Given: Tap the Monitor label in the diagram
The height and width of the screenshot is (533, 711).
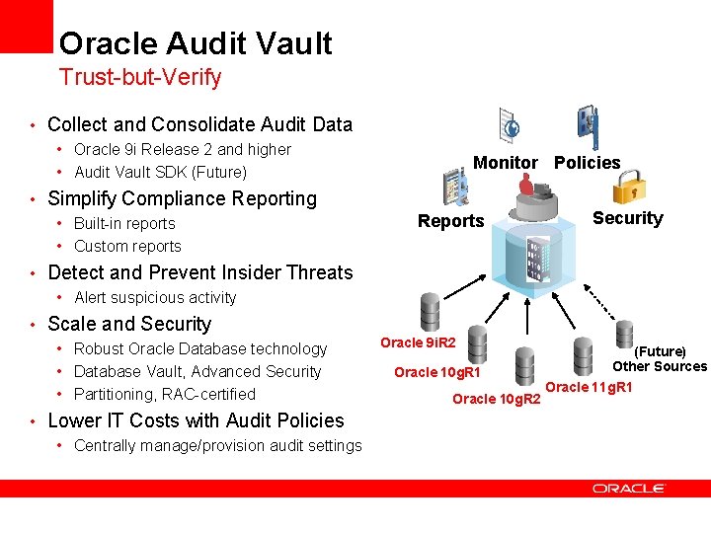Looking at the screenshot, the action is click(506, 163).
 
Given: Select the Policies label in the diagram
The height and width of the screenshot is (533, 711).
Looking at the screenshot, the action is click(588, 163).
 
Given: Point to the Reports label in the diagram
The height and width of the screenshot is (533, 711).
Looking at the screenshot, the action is click(450, 221).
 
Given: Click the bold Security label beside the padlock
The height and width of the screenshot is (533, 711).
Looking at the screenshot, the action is click(628, 218).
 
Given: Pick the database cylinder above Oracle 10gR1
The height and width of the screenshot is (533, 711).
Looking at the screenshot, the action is click(477, 343).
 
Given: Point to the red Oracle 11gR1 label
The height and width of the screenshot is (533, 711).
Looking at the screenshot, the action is click(589, 387).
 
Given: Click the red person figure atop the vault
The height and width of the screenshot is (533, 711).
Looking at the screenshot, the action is click(525, 186).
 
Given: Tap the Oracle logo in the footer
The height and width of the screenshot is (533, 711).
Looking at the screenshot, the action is click(629, 488).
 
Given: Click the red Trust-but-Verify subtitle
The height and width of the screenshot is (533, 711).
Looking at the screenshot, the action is click(140, 76).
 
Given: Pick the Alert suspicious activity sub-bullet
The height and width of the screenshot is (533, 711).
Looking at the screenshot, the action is click(155, 297).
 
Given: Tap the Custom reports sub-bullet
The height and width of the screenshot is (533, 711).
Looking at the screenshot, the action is click(127, 246).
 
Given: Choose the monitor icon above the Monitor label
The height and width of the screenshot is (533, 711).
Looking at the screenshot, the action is click(510, 125).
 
